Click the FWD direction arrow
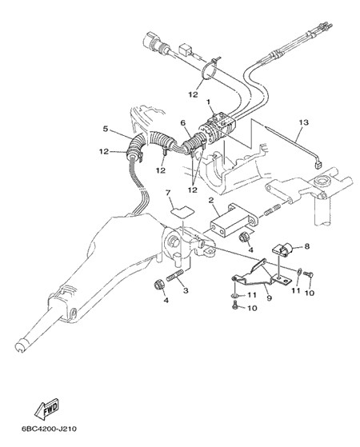coord(46,409)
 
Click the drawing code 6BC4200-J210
coord(49,429)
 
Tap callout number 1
coord(208,102)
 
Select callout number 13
coord(304,122)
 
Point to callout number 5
coord(106,129)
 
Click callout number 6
coord(183,123)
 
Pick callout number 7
coord(168,194)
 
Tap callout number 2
coord(211,200)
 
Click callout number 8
coord(307,246)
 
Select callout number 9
coord(270,298)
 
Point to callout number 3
coord(186,291)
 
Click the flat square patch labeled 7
coord(182,212)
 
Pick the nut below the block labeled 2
coord(245,237)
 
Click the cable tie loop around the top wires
coord(211,70)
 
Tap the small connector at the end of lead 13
coord(318,165)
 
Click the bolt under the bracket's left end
coord(236,306)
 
